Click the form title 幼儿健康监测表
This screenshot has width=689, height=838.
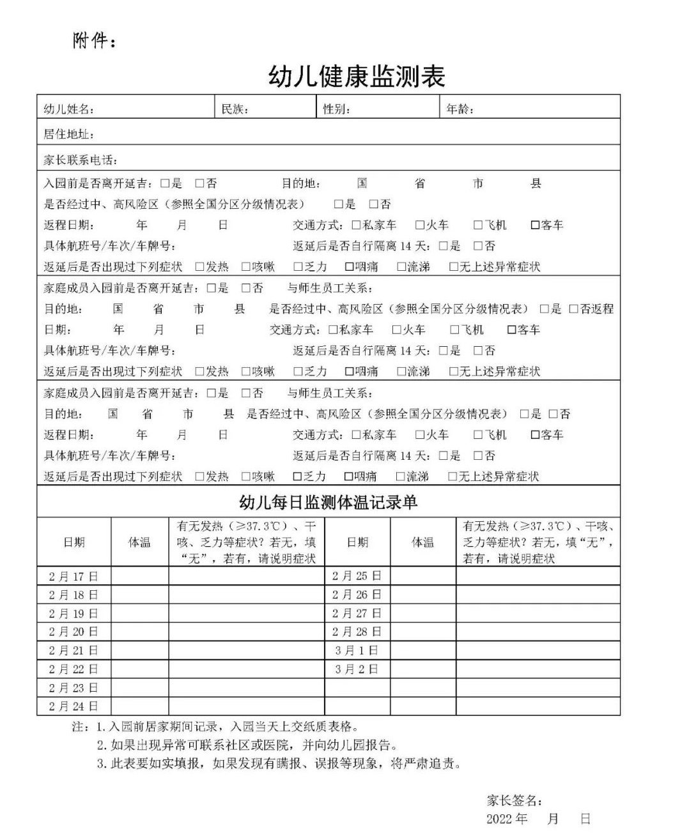coord(356,76)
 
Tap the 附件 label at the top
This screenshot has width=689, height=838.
coord(95,42)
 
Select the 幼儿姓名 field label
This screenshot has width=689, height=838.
coord(69,109)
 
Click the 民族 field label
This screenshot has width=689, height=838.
coord(235,109)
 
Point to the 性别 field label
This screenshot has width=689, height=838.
coord(336,109)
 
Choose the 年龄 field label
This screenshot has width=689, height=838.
coord(460,109)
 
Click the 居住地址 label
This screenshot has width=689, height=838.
coord(69,135)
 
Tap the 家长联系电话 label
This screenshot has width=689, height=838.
coord(81,160)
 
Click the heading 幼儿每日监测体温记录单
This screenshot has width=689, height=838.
coord(328,502)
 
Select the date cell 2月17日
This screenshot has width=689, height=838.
coord(74,576)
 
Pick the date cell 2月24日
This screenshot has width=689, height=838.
coord(74,706)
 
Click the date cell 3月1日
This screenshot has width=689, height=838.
coord(357,651)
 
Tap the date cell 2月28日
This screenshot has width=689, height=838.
coord(357,632)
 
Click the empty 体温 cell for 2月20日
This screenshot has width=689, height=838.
coord(139,632)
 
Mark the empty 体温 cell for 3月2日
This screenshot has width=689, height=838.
coord(422,669)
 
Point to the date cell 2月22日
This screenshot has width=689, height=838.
coord(74,669)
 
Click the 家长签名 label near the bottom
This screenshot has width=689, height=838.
coord(515,801)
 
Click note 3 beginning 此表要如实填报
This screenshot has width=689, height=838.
coord(279,763)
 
